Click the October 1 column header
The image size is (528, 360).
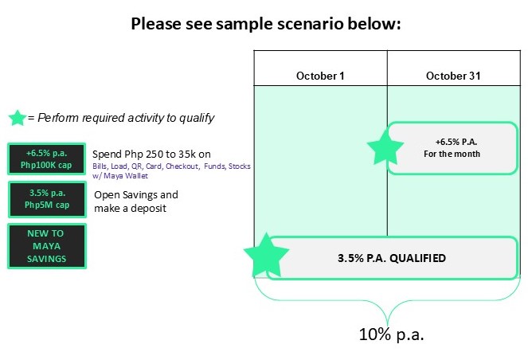pyautogui.click(x=320, y=76)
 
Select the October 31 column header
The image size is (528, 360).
pyautogui.click(x=452, y=76)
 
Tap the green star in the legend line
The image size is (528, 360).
pyautogui.click(x=17, y=118)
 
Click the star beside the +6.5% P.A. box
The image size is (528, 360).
pyautogui.click(x=385, y=147)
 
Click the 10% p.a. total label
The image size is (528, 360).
pyautogui.click(x=391, y=335)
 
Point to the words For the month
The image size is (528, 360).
pyautogui.click(x=452, y=154)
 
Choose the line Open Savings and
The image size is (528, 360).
pyautogui.click(x=135, y=194)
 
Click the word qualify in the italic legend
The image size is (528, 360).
pyautogui.click(x=195, y=118)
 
